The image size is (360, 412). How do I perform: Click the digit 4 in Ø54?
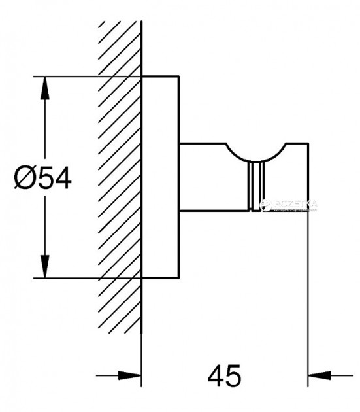[x=61, y=178]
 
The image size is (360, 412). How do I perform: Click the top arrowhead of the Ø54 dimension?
[x=45, y=88]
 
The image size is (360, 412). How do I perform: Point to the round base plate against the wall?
[x=161, y=177]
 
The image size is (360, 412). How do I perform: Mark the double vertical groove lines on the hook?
[x=253, y=186]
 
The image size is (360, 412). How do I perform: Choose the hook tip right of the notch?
[x=297, y=177]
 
